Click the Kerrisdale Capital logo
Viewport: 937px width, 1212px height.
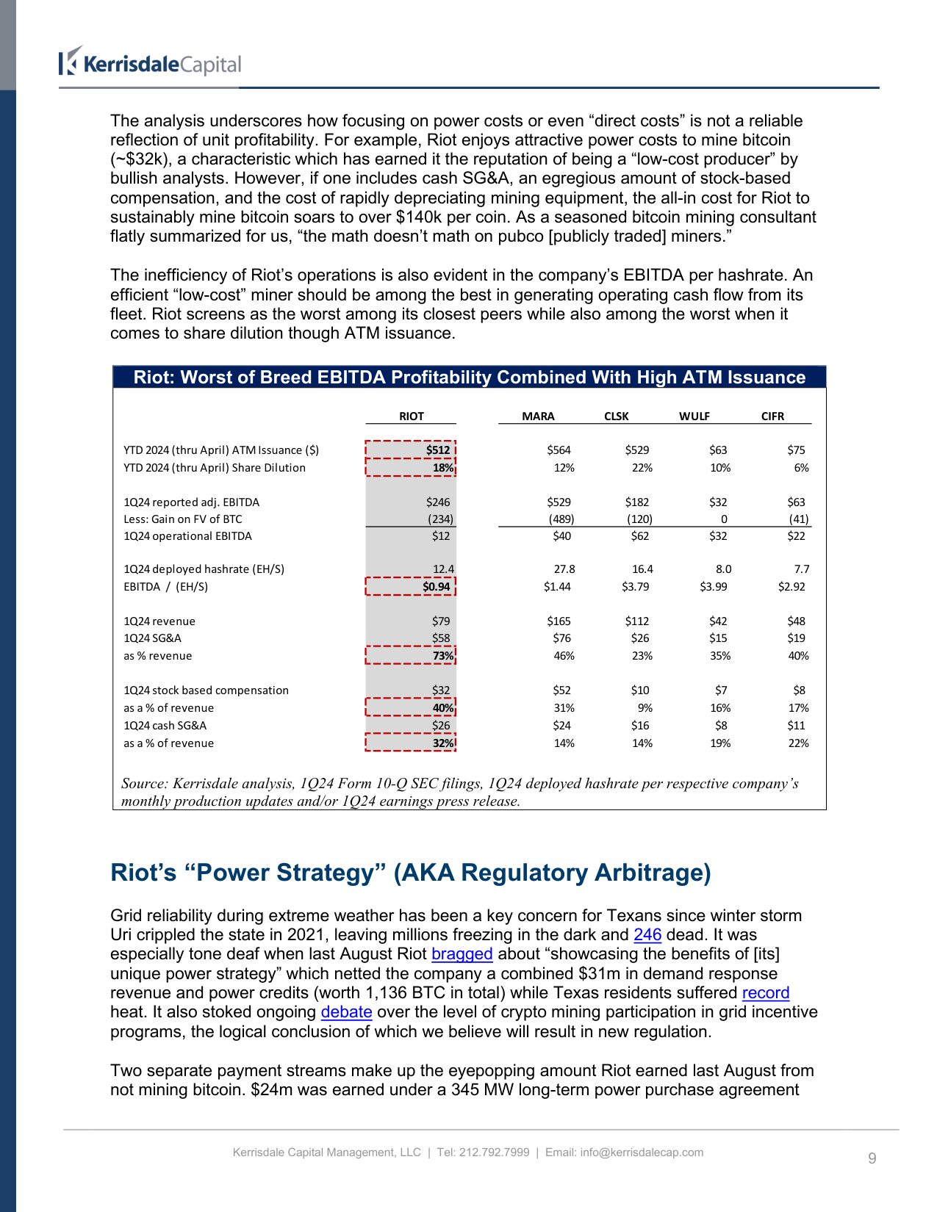150,63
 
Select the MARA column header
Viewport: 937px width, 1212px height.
538,416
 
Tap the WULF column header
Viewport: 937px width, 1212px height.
694,416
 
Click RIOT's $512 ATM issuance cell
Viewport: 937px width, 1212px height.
437,450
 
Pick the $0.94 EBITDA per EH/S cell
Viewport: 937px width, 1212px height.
436,586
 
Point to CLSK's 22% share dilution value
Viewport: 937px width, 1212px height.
642,467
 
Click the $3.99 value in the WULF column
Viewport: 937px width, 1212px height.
714,586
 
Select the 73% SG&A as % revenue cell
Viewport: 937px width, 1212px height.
442,655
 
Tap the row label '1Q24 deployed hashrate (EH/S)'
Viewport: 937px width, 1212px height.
204,569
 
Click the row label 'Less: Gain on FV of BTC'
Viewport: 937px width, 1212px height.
182,519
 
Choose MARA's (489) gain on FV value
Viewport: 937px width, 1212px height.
561,519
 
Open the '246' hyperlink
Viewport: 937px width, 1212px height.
647,934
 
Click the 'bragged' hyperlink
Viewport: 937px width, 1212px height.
462,953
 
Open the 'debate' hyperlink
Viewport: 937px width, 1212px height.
346,1011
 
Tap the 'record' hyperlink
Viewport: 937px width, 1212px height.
765,992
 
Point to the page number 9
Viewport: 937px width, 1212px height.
872,1158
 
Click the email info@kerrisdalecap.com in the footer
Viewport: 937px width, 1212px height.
642,1152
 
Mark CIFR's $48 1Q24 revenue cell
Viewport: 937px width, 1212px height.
796,621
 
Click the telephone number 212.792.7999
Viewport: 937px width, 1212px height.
494,1152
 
